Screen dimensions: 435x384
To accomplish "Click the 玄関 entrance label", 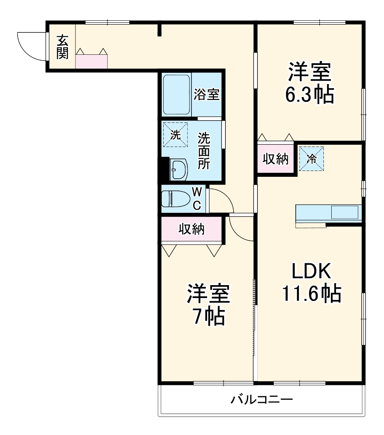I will pos(62,47).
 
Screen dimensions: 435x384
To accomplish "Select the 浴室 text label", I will pos(207,94).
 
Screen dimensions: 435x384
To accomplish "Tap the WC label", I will pos(197,198).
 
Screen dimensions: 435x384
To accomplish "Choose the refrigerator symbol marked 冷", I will pos(312,158).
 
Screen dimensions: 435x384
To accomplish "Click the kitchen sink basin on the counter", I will pos(344,212).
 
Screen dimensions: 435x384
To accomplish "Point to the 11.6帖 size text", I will pos(311,293).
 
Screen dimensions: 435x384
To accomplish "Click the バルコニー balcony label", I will pos(261,400).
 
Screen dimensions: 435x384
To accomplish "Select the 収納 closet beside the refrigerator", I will pos(275,159).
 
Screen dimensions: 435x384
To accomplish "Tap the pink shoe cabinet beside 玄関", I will pos(91,62).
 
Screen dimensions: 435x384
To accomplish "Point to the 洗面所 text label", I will pos(204,151).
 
